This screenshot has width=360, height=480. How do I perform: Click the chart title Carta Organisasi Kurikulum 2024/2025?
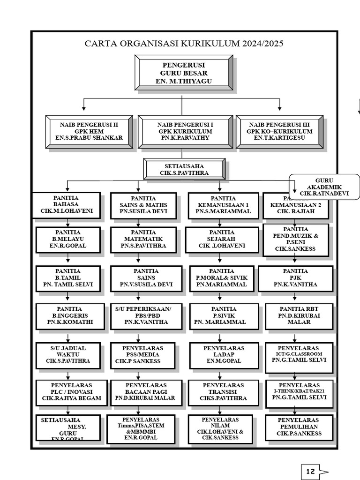pyautogui.click(x=184, y=44)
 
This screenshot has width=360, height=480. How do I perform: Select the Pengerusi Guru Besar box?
pyautogui.click(x=184, y=73)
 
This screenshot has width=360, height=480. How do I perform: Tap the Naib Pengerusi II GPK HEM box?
pyautogui.click(x=89, y=132)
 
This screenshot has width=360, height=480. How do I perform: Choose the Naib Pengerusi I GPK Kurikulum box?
pyautogui.click(x=185, y=132)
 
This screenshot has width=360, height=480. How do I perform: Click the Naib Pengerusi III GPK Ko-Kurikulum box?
pyautogui.click(x=279, y=132)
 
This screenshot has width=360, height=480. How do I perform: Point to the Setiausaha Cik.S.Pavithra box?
pyautogui.click(x=184, y=169)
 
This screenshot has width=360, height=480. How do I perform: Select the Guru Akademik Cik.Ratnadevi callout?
pyautogui.click(x=324, y=187)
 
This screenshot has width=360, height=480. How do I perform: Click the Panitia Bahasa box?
pyautogui.click(x=66, y=205)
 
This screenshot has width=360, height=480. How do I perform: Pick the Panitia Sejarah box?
pyautogui.click(x=222, y=239)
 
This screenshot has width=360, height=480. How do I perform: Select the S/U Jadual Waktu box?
pyautogui.click(x=68, y=355)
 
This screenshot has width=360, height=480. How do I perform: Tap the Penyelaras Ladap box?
pyautogui.click(x=224, y=355)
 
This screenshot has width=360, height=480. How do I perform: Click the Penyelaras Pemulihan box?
pyautogui.click(x=299, y=427)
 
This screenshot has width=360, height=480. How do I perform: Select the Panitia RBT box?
pyautogui.click(x=299, y=316)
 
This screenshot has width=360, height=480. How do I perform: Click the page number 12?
pyautogui.click(x=310, y=472)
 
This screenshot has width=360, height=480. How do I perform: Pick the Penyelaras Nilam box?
pyautogui.click(x=220, y=428)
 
